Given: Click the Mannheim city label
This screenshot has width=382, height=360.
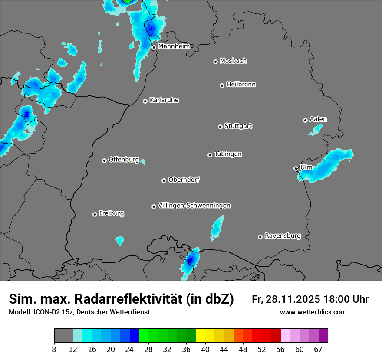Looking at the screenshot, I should [x=174, y=46].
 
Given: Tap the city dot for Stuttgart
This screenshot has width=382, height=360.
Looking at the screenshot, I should [x=220, y=127].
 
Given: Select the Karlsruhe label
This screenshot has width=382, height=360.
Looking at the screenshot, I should [x=164, y=100].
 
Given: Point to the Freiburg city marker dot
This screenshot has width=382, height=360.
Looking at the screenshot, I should [x=95, y=214].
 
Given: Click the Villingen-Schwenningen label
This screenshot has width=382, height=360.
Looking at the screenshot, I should [x=194, y=206].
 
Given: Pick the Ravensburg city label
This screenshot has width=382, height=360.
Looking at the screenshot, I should [x=283, y=236].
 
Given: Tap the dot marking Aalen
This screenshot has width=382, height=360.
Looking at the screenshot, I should [x=305, y=120].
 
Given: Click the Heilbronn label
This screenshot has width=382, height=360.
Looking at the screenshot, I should [x=241, y=85].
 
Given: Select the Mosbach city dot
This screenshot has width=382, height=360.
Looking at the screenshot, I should [x=215, y=62].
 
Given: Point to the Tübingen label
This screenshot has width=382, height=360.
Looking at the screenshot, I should [x=228, y=154].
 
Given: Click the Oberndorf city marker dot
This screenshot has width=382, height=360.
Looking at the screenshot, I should [x=164, y=180].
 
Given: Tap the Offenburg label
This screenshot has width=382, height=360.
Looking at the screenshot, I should [x=124, y=160].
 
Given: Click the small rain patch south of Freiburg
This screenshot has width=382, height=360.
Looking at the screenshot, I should [x=120, y=240].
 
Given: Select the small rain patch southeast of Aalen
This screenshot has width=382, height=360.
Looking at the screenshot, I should [x=316, y=129].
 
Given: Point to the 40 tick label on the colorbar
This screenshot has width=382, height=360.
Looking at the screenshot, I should [x=205, y=350].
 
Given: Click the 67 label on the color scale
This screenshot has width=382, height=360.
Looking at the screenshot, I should [x=318, y=350].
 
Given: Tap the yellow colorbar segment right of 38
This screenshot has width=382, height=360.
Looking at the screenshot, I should [x=201, y=336].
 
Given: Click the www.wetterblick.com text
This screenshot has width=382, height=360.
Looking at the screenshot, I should [x=313, y=312].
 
